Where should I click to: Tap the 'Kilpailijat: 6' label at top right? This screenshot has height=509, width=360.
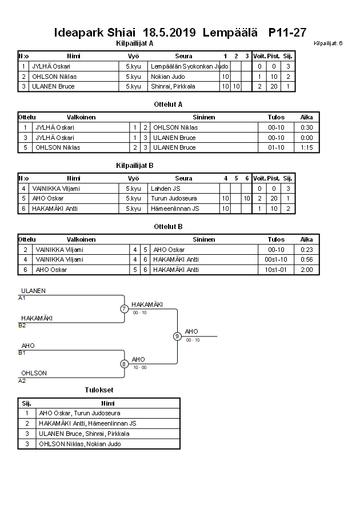(328, 43)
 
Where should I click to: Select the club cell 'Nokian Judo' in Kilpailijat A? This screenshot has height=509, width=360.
(167, 77)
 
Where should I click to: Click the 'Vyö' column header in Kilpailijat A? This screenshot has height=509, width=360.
(133, 56)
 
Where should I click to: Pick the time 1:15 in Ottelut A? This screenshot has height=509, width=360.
(306, 147)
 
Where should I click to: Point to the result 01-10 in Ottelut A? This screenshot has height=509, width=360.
(276, 147)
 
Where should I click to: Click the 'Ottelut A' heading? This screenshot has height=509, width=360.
(168, 105)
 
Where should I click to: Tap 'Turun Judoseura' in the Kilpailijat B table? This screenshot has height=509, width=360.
(174, 198)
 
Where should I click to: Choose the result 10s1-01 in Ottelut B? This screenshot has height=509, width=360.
(276, 270)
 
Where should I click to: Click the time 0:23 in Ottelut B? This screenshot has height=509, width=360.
(306, 250)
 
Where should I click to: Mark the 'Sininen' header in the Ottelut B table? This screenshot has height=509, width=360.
(204, 239)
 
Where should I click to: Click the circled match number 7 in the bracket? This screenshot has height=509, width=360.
(124, 309)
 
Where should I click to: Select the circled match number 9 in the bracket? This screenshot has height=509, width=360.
(177, 336)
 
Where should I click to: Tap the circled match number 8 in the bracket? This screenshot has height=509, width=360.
(124, 363)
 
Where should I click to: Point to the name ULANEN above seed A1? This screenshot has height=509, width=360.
(33, 291)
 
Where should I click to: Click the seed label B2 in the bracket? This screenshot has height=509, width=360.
(22, 325)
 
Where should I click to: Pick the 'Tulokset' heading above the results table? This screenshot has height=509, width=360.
(99, 390)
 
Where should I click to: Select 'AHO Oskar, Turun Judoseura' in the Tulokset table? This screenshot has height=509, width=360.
(79, 413)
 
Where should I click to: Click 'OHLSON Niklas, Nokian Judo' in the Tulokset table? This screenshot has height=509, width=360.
(79, 444)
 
